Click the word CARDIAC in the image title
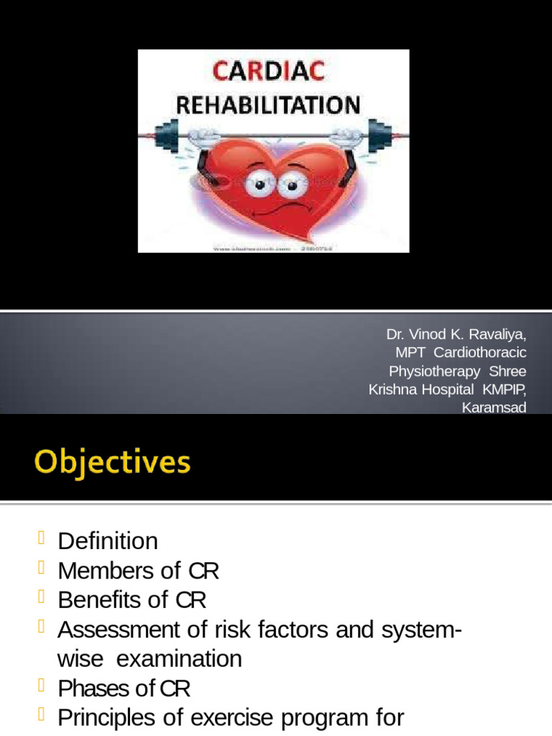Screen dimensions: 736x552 pos(267,73)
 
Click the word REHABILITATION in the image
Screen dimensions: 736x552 pos(268,106)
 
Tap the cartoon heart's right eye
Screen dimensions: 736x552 pos(290,187)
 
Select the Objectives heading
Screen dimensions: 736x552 pos(112,461)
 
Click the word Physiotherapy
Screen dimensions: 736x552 pos(434,372)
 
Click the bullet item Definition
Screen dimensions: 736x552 pos(107,541)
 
